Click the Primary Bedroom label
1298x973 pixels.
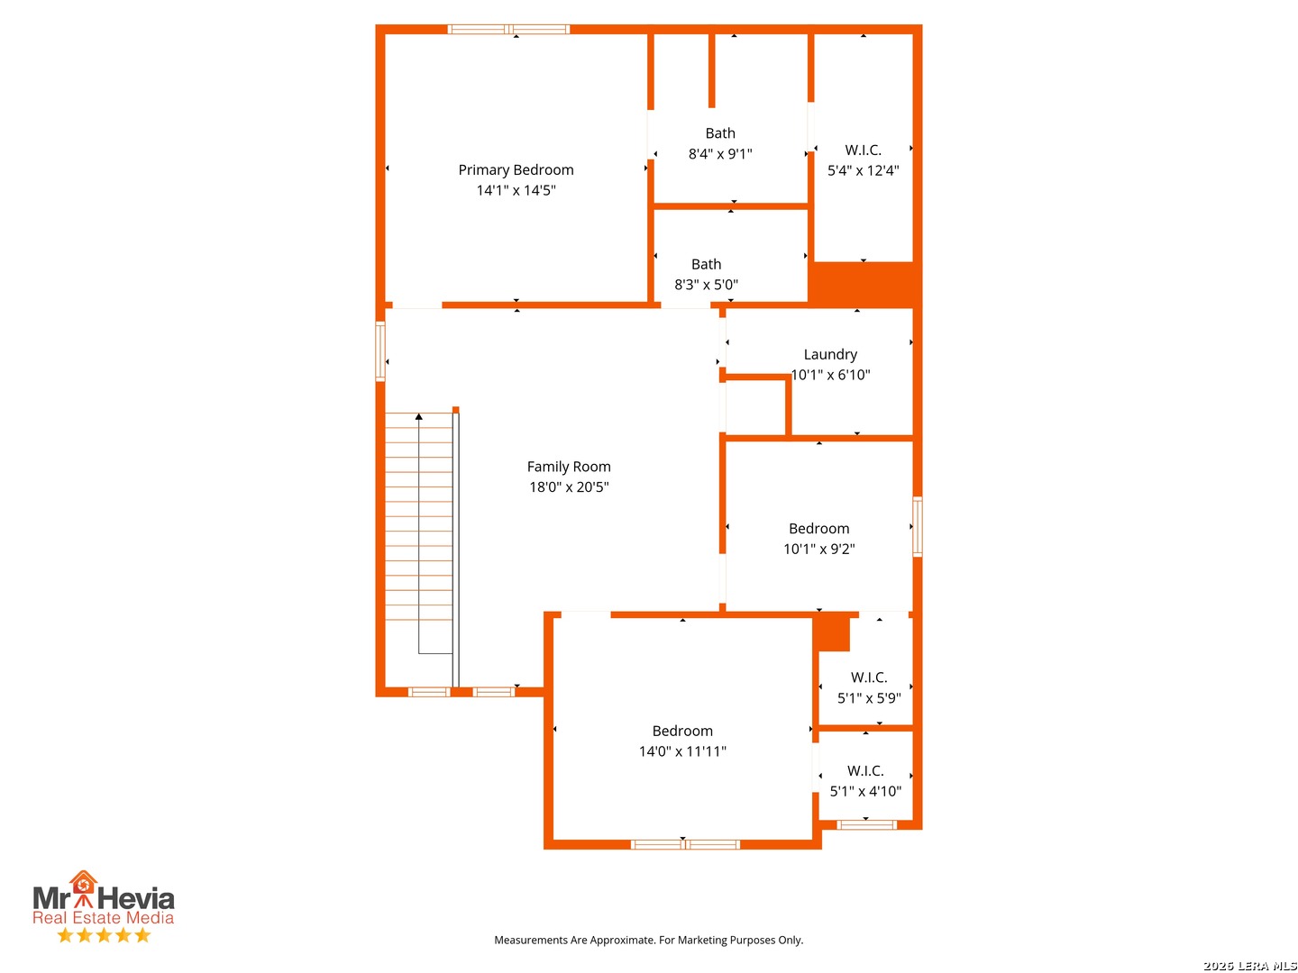pos(516,170)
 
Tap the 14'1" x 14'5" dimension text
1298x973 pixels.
pos(516,190)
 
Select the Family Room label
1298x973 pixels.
pos(569,467)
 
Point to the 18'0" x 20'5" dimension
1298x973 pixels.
pos(569,486)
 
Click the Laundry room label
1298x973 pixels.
pos(830,354)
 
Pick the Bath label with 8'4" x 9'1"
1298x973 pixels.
pos(720,133)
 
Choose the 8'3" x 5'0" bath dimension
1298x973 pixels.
pos(706,285)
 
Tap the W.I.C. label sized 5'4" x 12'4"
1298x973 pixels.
pos(863,150)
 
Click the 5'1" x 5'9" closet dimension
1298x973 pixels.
pos(869,698)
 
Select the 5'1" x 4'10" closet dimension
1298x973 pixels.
pos(865,792)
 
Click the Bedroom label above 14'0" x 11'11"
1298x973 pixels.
pos(682,732)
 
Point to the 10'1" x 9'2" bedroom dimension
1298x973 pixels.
pos(819,549)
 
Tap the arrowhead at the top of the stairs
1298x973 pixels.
pos(418,416)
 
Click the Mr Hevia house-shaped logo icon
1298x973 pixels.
pos(84,887)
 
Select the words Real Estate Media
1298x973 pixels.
pos(104,917)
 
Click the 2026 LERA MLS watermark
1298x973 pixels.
pos(1249,965)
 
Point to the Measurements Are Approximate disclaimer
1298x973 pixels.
pos(649,940)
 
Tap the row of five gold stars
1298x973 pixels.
pos(104,934)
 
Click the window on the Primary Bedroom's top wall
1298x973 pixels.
pos(508,30)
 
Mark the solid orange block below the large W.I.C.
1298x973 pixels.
pos(864,284)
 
